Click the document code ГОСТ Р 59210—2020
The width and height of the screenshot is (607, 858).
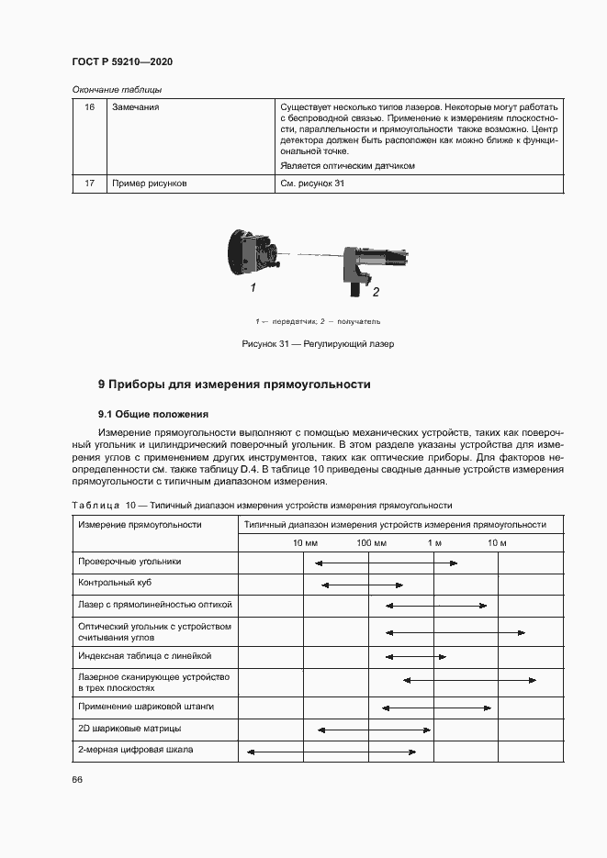click(x=122, y=61)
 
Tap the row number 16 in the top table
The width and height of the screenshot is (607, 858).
click(x=89, y=107)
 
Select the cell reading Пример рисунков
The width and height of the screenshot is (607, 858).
click(x=149, y=184)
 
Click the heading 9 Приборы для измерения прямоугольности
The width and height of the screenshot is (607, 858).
click(x=234, y=384)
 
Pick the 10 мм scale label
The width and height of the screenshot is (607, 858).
click(x=304, y=543)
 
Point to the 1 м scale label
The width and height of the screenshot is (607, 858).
click(x=434, y=543)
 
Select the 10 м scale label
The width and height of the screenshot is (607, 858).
click(x=497, y=543)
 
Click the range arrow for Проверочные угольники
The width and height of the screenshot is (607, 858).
click(x=386, y=563)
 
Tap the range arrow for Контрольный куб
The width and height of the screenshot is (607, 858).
click(x=363, y=584)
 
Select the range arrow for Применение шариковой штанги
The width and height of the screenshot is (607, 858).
click(x=436, y=707)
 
